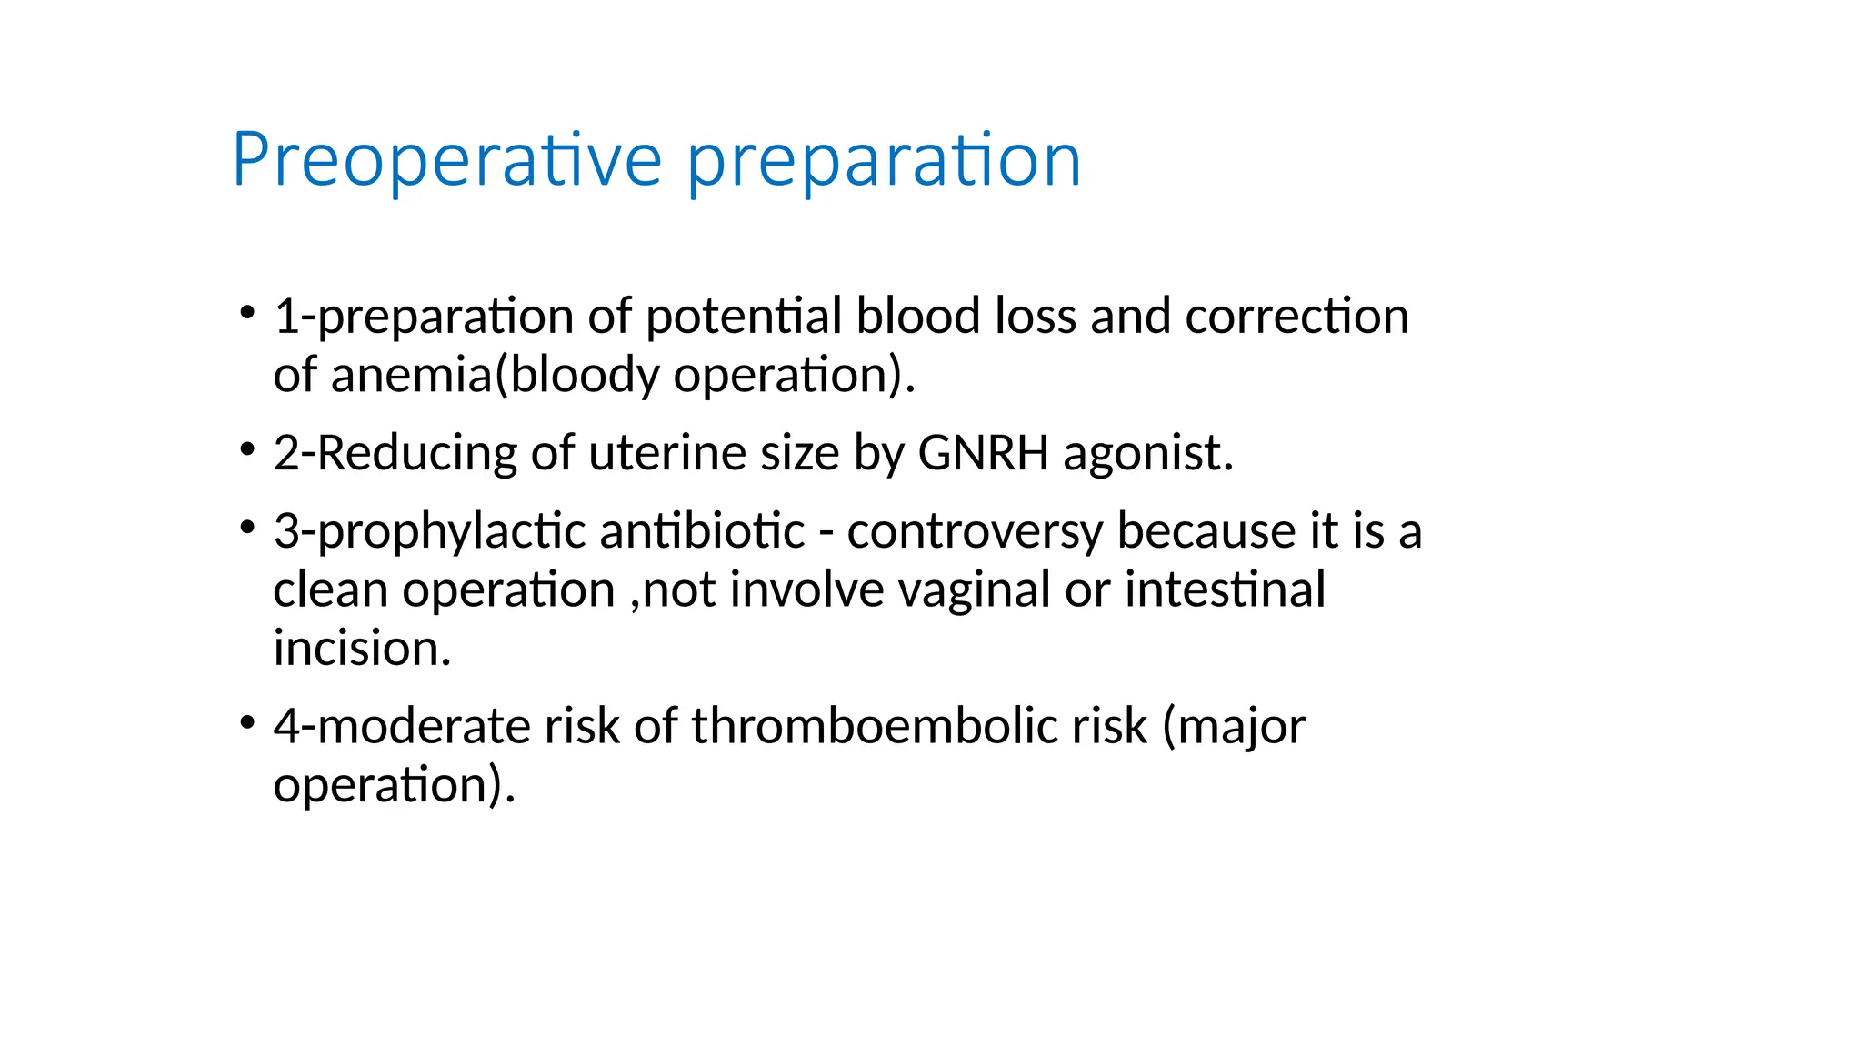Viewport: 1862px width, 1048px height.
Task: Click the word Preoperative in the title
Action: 446,160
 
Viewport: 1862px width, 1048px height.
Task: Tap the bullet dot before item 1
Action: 246,313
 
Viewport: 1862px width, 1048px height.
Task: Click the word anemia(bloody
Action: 495,375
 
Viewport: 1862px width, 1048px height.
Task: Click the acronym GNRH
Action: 983,452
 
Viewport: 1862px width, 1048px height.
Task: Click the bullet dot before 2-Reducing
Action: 246,449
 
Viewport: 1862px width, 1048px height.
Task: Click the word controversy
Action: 974,532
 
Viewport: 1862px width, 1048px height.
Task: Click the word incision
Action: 362,648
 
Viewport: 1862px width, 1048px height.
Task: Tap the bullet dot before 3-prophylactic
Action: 246,528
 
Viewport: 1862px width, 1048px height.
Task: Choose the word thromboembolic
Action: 918,726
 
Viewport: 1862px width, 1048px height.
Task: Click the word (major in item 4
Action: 1234,728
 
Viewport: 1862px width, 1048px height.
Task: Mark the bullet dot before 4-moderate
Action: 246,723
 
